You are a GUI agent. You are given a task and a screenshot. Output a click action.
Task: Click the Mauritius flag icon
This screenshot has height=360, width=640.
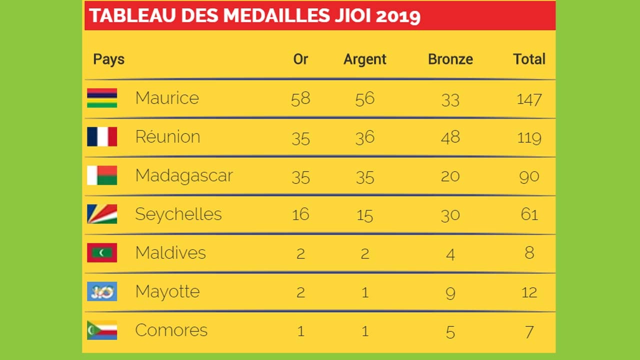pyautogui.click(x=102, y=98)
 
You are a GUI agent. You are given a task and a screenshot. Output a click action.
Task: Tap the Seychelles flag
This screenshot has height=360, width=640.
pyautogui.click(x=102, y=214)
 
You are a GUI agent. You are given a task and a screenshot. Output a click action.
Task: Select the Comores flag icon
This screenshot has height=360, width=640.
pyautogui.click(x=102, y=330)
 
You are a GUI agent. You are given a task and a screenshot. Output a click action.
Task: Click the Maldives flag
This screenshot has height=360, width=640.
pyautogui.click(x=102, y=252)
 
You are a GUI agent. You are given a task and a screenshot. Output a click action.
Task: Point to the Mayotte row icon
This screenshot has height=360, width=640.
pyautogui.click(x=102, y=291)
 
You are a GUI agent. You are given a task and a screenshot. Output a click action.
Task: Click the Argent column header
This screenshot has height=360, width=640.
pyautogui.click(x=364, y=59)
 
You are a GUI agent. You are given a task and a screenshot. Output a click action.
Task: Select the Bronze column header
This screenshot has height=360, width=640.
pyautogui.click(x=450, y=59)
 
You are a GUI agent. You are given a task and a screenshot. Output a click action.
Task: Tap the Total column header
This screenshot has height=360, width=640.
pyautogui.click(x=529, y=59)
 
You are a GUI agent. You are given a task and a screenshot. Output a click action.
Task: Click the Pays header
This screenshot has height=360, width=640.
pyautogui.click(x=108, y=59)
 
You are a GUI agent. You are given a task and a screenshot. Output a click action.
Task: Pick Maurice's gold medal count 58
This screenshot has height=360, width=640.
pyautogui.click(x=300, y=98)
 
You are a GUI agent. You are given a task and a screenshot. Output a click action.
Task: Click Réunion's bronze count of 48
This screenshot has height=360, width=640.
pyautogui.click(x=450, y=137)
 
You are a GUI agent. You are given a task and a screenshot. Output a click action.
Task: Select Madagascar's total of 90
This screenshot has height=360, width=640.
pyautogui.click(x=529, y=176)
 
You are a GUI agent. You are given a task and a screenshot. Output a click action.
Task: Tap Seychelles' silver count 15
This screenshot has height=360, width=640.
pyautogui.click(x=364, y=215)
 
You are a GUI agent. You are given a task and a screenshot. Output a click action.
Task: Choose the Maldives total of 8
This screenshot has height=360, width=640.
pyautogui.click(x=529, y=253)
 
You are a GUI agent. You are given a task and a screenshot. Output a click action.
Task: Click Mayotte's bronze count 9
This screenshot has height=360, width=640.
pyautogui.click(x=450, y=292)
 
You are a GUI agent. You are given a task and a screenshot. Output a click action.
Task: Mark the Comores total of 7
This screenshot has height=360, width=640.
pyautogui.click(x=529, y=331)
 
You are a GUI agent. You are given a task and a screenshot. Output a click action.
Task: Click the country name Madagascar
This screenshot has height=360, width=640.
pyautogui.click(x=184, y=175)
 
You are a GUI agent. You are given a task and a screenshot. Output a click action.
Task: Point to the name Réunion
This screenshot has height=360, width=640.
pyautogui.click(x=167, y=137)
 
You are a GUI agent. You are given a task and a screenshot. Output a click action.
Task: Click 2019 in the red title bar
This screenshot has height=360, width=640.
pyautogui.click(x=397, y=16)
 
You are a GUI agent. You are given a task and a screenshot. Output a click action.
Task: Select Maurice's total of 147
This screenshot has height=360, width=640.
pyautogui.click(x=529, y=98)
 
